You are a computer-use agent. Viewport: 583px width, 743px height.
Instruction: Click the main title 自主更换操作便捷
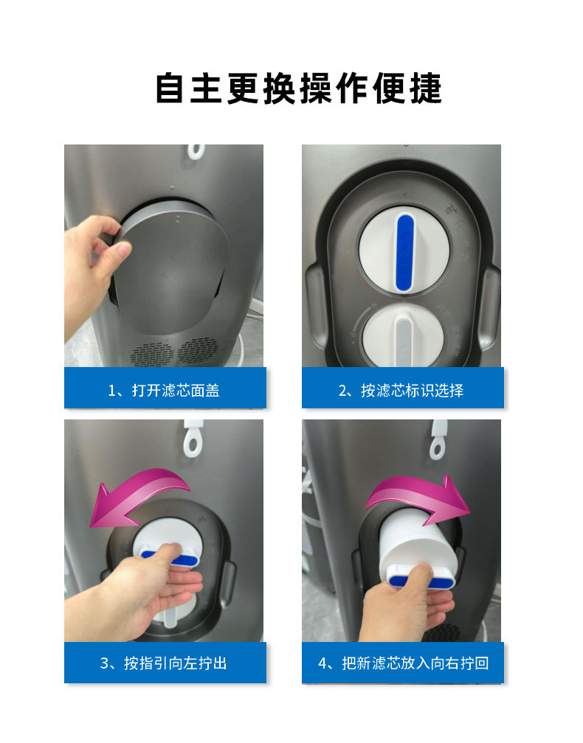(x=299, y=88)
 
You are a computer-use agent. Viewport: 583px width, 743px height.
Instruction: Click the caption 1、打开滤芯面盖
(x=164, y=390)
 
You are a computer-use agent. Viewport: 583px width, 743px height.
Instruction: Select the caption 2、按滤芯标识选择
(x=401, y=390)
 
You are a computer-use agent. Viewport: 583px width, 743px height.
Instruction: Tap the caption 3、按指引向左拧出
(x=164, y=663)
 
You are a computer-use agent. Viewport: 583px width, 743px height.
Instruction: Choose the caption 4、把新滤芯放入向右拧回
(x=403, y=663)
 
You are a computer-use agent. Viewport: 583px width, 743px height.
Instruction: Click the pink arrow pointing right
(x=421, y=495)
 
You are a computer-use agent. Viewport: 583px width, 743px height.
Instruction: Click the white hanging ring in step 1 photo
(x=195, y=150)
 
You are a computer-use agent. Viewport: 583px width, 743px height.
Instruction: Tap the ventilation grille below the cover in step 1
(x=177, y=352)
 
